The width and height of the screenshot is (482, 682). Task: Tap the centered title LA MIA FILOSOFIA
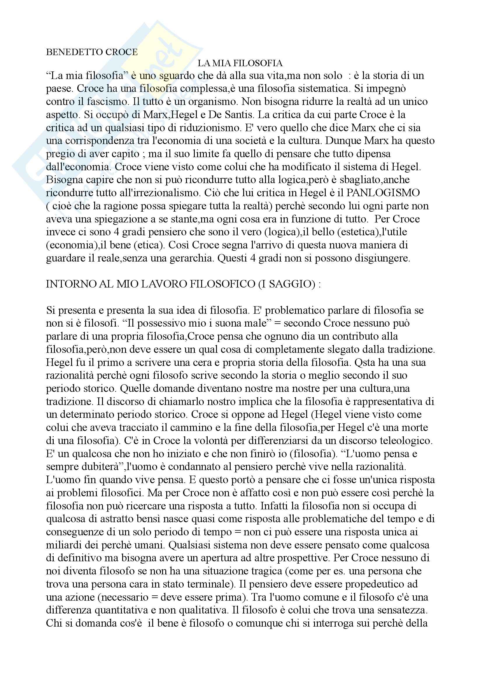240,63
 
